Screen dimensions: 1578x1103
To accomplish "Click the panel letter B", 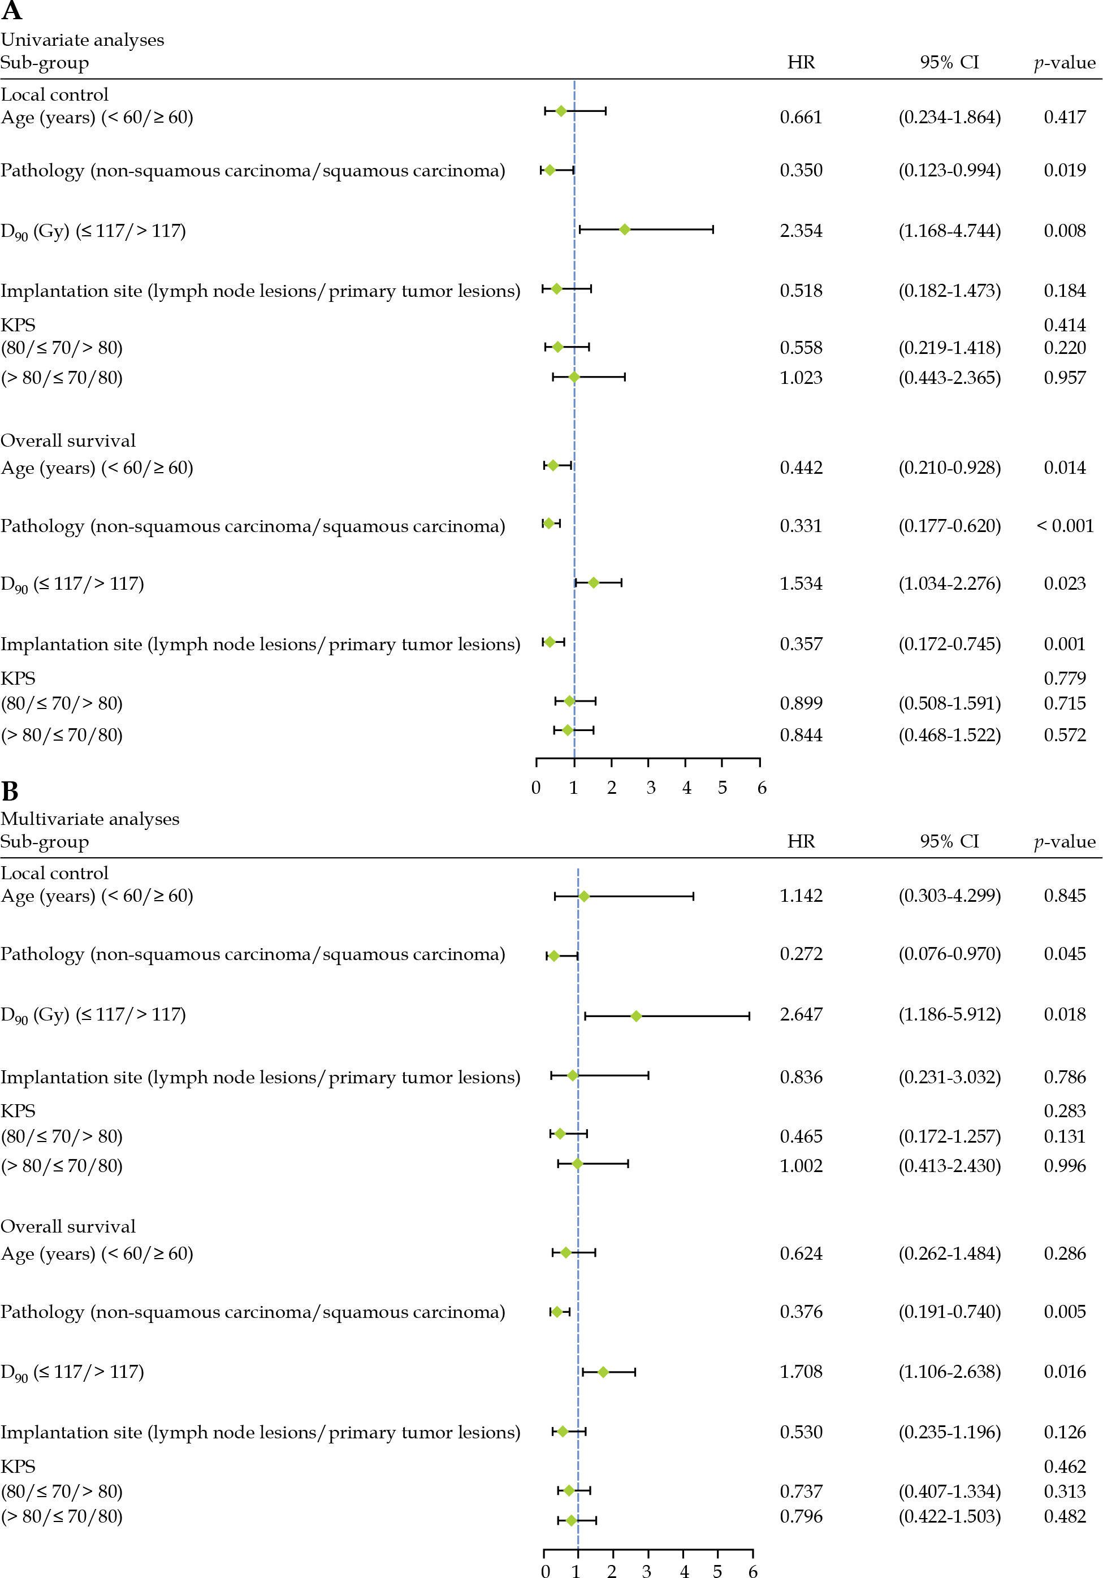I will point(10,792).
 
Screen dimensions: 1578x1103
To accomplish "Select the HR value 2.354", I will point(801,231).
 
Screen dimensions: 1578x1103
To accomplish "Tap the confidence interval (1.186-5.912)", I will point(949,1014).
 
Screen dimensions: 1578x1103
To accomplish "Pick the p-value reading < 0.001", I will point(1065,526).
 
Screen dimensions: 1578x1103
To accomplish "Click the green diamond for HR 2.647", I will point(635,1016).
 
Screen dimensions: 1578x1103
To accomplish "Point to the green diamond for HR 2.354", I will point(624,230).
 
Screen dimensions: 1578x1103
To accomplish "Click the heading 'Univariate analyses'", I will point(83,40).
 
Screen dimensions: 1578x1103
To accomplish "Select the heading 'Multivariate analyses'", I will point(90,819).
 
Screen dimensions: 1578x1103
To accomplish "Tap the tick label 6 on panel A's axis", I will point(762,788).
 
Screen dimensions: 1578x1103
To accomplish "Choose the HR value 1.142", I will point(801,896).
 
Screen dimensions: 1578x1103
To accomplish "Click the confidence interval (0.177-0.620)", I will point(949,526).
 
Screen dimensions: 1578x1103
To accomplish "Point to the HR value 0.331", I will point(801,526).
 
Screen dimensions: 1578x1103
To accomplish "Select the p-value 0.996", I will point(1065,1166).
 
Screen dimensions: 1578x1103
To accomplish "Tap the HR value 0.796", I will point(801,1516).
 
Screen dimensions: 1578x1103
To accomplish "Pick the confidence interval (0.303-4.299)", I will point(949,896).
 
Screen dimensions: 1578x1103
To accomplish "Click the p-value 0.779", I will point(1065,678).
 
